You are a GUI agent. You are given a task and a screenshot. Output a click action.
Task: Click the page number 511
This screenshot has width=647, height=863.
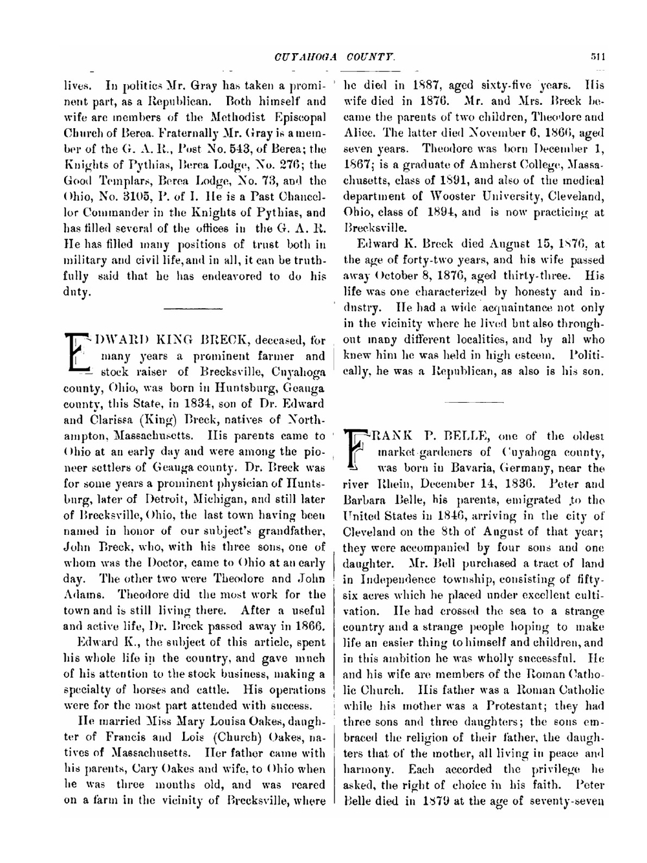point(597,57)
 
